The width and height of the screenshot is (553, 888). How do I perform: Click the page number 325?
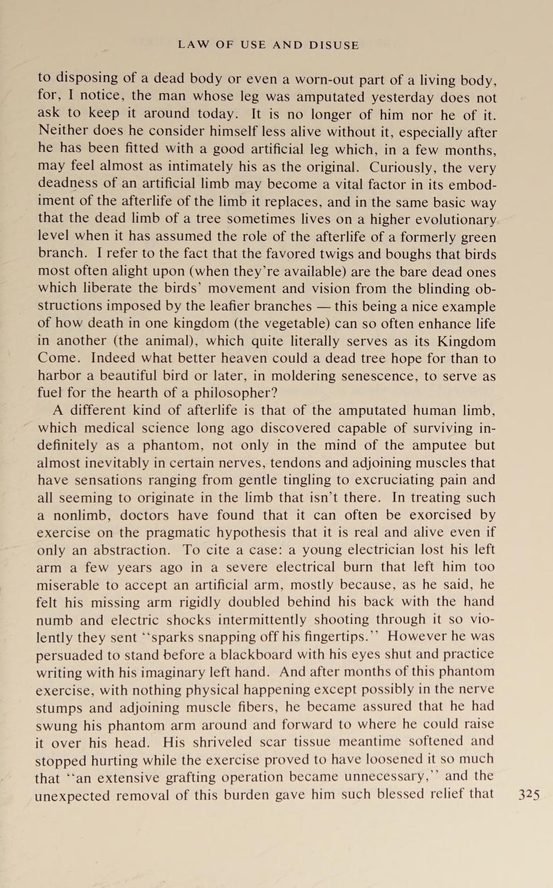coord(528,795)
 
